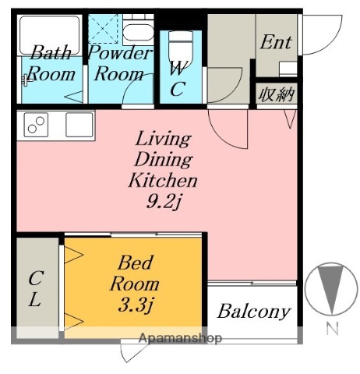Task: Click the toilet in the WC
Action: [x=181, y=48]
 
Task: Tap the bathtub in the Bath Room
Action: [x=50, y=35]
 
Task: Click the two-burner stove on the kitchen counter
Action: [x=36, y=125]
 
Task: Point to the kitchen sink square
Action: [x=79, y=125]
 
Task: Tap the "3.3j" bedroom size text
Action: [x=135, y=305]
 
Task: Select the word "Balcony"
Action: [x=253, y=312]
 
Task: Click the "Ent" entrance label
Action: [x=276, y=42]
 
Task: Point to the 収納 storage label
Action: [x=276, y=94]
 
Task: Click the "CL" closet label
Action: [x=35, y=289]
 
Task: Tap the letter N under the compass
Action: [x=332, y=329]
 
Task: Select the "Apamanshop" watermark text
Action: [x=181, y=338]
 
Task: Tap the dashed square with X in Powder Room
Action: [x=103, y=29]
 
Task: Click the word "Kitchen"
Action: [x=163, y=180]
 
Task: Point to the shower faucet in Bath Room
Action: [x=27, y=79]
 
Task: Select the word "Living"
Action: [x=164, y=139]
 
